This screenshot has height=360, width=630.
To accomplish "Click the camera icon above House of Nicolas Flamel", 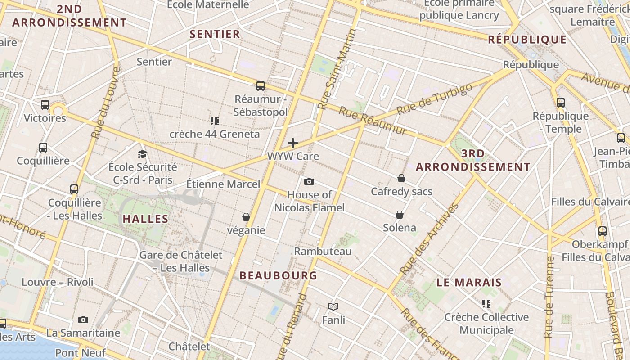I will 309,181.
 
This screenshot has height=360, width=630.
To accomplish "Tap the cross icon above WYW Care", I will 293,143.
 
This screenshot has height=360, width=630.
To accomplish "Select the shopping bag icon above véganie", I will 246,217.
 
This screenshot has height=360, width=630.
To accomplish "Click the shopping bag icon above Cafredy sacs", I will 401,178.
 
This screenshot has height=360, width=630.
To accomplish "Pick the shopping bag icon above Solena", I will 399,214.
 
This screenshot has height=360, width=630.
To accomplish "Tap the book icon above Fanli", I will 333,306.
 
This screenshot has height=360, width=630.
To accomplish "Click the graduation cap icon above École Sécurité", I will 143,154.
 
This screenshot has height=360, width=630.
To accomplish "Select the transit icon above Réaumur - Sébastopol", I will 260,85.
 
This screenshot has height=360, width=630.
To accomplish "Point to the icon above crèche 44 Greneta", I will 214,121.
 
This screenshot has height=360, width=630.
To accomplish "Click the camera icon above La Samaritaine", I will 83,319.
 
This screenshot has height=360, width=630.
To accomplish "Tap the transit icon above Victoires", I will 45,104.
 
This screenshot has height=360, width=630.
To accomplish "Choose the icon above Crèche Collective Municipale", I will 486,304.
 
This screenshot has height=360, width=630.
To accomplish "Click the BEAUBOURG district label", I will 278,275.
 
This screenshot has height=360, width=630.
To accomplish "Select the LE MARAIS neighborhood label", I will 469,283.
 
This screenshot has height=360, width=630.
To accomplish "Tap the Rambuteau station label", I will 323,251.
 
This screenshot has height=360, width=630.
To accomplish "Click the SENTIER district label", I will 215,34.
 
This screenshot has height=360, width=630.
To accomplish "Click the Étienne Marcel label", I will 223,184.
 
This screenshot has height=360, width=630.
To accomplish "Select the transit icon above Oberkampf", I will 602,231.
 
